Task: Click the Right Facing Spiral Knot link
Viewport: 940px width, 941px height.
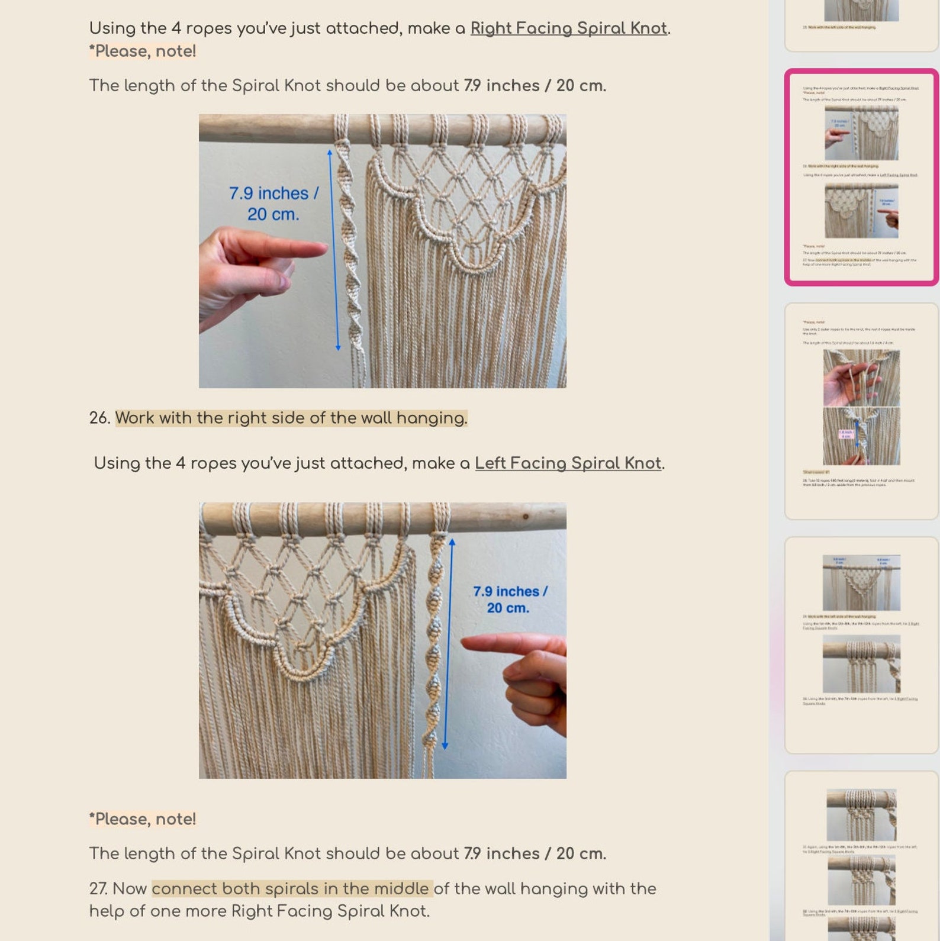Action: point(568,28)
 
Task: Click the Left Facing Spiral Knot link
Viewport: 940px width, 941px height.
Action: point(568,463)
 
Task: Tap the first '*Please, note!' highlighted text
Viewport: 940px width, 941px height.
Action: point(143,51)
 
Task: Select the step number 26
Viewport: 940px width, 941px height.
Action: point(99,418)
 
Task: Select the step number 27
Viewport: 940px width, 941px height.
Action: point(99,888)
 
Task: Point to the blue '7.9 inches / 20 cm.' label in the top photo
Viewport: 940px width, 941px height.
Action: point(273,204)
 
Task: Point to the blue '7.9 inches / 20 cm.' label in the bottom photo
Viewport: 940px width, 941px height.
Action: point(509,599)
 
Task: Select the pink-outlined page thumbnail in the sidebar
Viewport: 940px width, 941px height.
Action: point(861,177)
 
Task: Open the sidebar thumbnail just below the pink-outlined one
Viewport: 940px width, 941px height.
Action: point(861,411)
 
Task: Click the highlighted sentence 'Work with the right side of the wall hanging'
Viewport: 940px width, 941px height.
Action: point(291,418)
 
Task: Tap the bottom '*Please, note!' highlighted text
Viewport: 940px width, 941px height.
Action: point(143,819)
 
